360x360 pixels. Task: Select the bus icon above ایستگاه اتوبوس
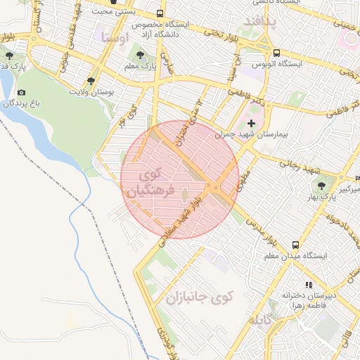(x=276, y=53)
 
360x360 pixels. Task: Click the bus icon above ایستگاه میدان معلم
(x=296, y=245)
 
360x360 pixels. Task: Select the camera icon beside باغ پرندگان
(x=21, y=93)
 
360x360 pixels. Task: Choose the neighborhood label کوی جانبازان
(x=198, y=298)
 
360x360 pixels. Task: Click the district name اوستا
(x=115, y=37)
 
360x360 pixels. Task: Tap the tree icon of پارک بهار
(x=321, y=186)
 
